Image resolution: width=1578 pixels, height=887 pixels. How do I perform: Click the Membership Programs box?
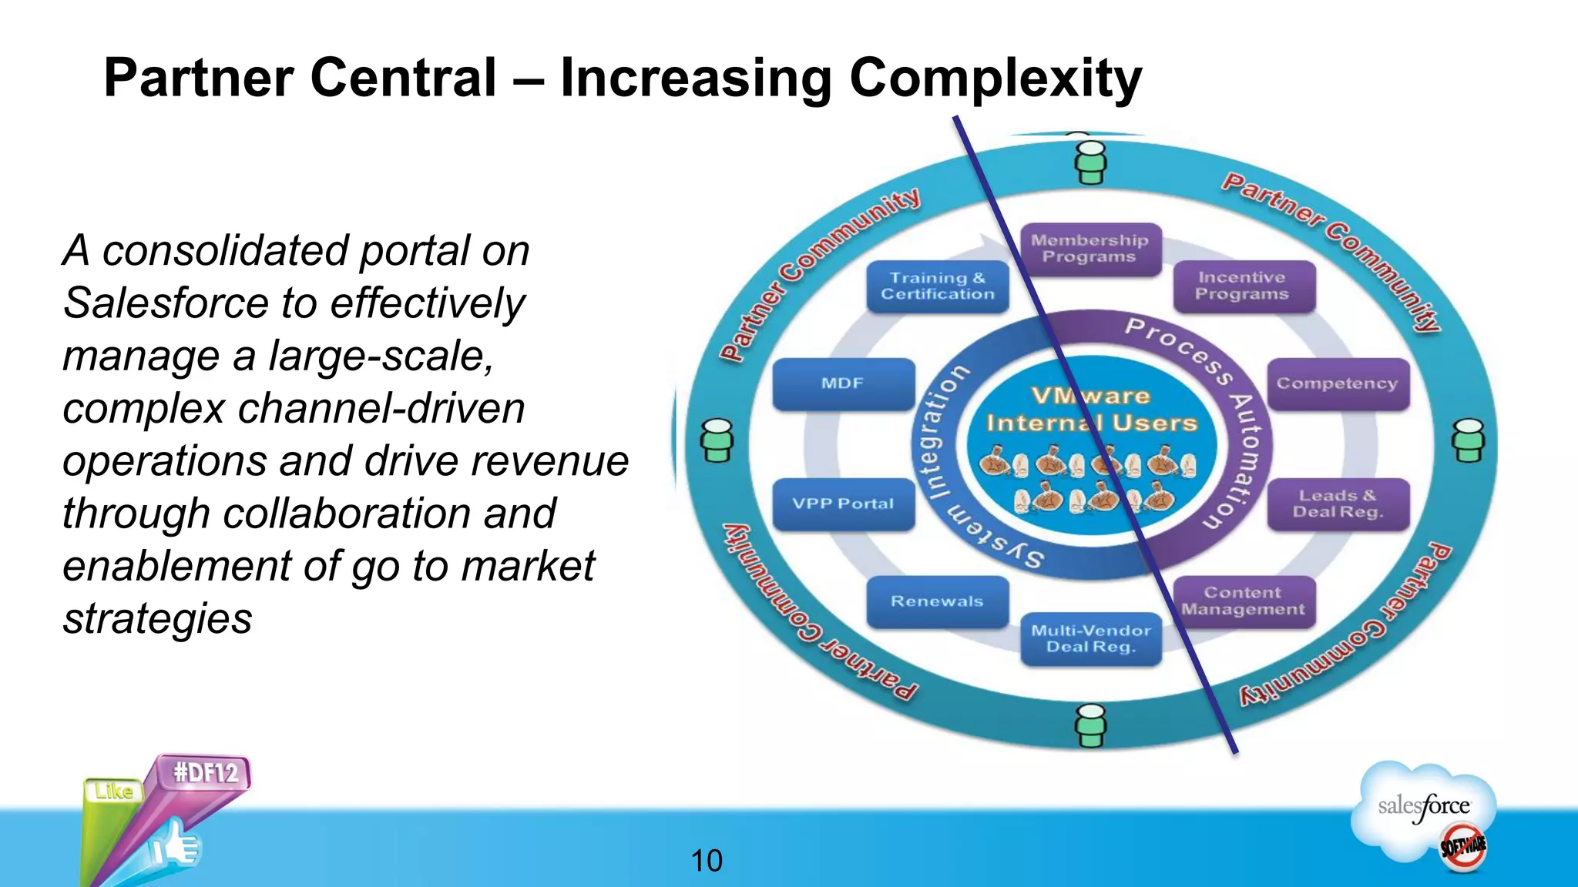pyautogui.click(x=1089, y=249)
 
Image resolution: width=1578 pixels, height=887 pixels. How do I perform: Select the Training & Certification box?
pyautogui.click(x=938, y=286)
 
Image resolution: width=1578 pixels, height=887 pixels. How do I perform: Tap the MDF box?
pyautogui.click(x=843, y=383)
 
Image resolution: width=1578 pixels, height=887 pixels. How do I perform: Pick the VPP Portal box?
pyautogui.click(x=843, y=504)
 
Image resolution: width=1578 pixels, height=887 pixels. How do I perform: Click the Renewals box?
pyautogui.click(x=937, y=601)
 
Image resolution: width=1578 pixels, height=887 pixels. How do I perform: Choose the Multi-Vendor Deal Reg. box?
pyautogui.click(x=1090, y=639)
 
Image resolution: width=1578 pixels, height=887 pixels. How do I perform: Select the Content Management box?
pyautogui.click(x=1243, y=601)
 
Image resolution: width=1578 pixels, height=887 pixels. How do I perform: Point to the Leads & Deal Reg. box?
pyautogui.click(x=1338, y=504)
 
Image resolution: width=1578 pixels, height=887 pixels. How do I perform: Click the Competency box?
pyautogui.click(x=1338, y=383)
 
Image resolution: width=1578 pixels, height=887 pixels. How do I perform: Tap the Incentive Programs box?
pyautogui.click(x=1242, y=286)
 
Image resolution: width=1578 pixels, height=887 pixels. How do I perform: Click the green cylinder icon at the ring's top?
pyautogui.click(x=1091, y=162)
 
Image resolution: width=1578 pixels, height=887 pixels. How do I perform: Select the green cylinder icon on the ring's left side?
pyautogui.click(x=717, y=440)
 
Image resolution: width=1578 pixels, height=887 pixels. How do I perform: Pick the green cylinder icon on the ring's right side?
pyautogui.click(x=1469, y=440)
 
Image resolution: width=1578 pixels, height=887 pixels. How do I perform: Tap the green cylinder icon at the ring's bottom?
pyautogui.click(x=1091, y=725)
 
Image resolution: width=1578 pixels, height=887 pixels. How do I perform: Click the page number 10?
pyautogui.click(x=707, y=861)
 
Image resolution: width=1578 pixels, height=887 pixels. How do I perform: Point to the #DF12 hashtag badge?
pyautogui.click(x=206, y=772)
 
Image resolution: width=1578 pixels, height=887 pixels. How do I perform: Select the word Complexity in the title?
pyautogui.click(x=995, y=79)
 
